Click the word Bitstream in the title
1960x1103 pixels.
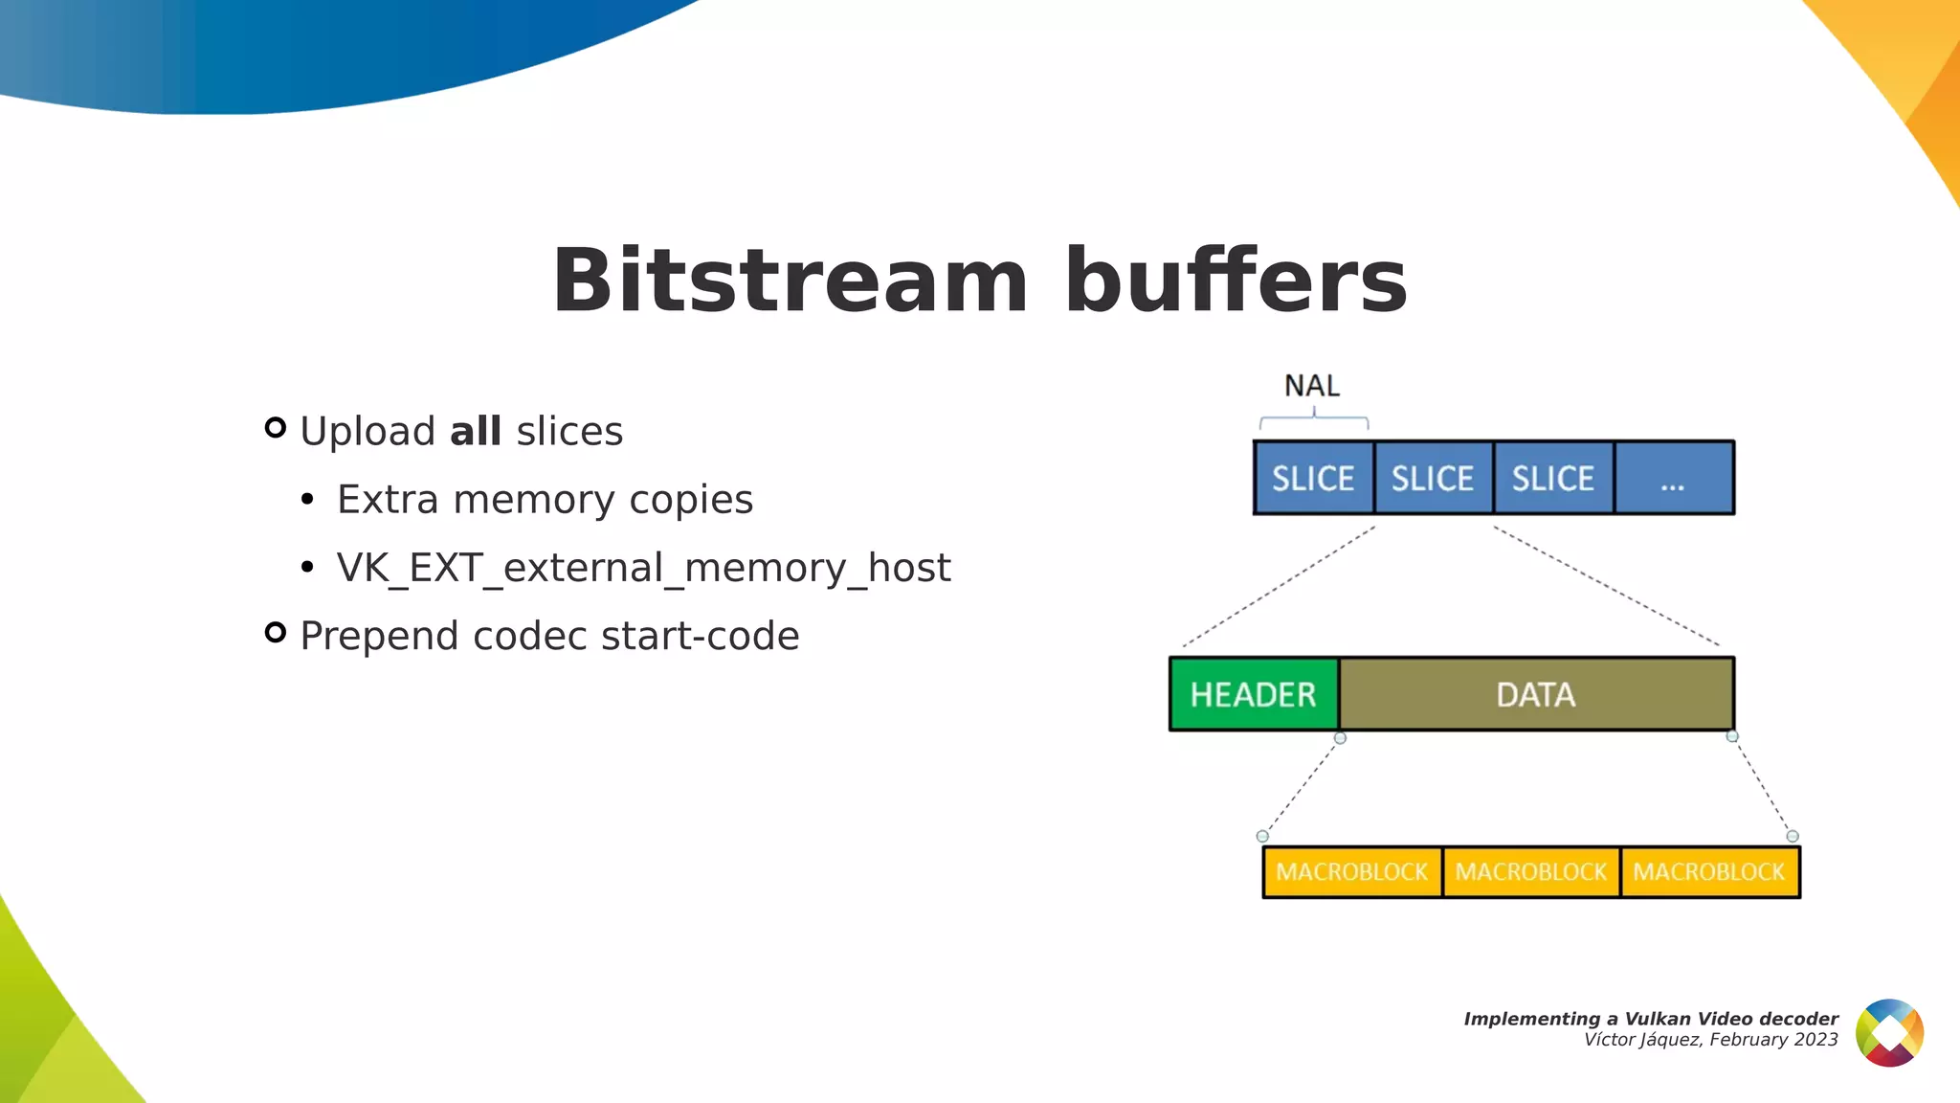tap(790, 281)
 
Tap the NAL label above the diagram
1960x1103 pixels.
tap(1311, 386)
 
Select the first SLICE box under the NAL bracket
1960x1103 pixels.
tap(1313, 478)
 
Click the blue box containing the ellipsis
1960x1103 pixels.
tap(1673, 478)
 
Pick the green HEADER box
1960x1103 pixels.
tap(1253, 694)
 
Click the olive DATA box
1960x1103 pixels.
tap(1535, 694)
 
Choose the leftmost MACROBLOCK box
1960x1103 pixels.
tap(1351, 872)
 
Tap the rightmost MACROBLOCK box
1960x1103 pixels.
tap(1709, 872)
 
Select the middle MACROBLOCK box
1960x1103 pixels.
tap(1530, 872)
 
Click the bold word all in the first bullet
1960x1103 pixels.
tap(476, 432)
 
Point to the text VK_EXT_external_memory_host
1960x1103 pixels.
tap(643, 568)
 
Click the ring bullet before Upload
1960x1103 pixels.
tap(276, 428)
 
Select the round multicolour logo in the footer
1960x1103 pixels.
tap(1889, 1032)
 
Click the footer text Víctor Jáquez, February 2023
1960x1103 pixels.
tap(1710, 1040)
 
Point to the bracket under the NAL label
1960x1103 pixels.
tap(1314, 419)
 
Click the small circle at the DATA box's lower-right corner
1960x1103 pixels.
tap(1732, 736)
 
